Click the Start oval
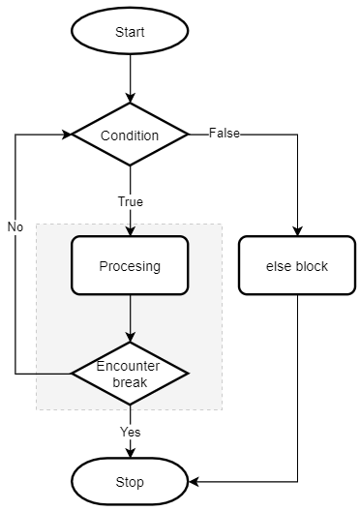coord(130,32)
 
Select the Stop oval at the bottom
coord(130,481)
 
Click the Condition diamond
coord(130,135)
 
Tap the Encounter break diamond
coord(130,373)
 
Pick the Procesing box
coord(130,265)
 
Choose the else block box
coord(297,265)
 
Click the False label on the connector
coord(225,134)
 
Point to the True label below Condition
coord(130,202)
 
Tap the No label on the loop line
coord(15,226)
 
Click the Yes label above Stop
coord(130,431)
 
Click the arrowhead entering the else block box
coord(297,231)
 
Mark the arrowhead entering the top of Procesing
coord(130,231)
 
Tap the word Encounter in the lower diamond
coord(130,366)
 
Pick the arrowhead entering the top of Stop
coord(130,452)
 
